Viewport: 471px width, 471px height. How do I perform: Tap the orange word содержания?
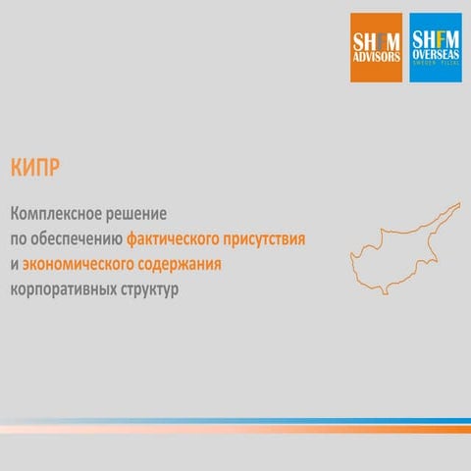192,265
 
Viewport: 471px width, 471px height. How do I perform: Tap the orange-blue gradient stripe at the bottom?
235,427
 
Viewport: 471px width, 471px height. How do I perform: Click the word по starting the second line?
18,238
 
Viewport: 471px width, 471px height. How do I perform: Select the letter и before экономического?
13,265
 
